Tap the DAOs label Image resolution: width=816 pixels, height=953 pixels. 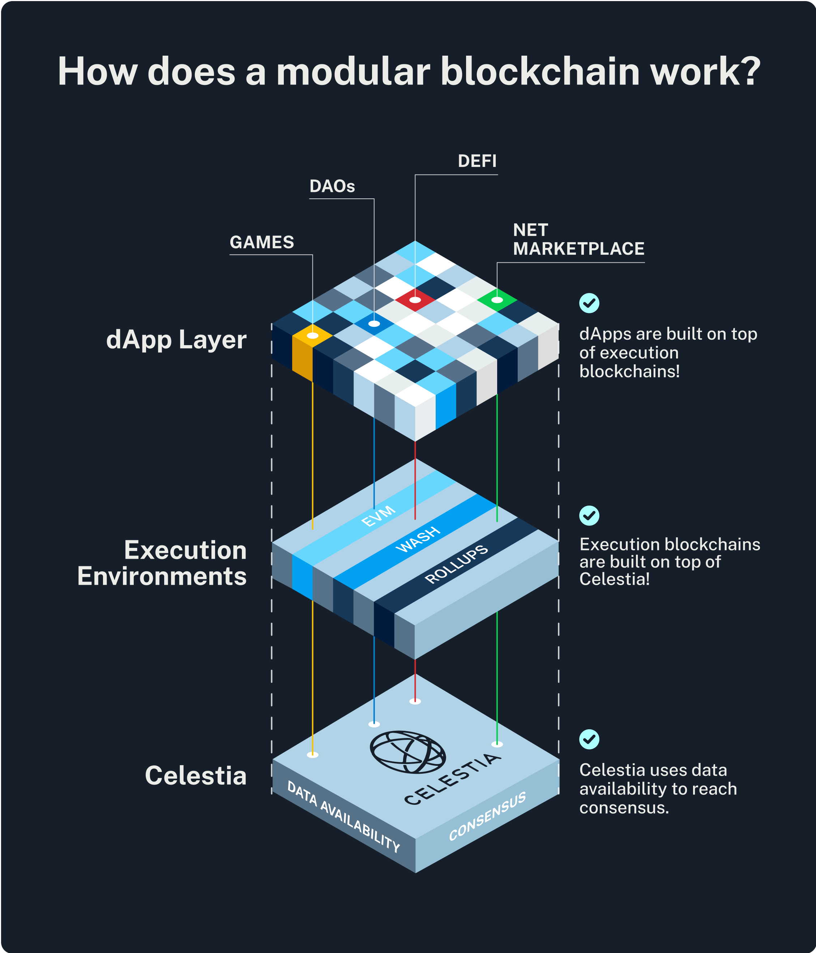pyautogui.click(x=332, y=186)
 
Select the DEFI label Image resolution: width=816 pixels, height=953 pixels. pyautogui.click(x=477, y=161)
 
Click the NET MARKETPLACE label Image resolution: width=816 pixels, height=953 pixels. pyautogui.click(x=578, y=239)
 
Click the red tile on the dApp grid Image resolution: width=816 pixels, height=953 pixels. pyautogui.click(x=415, y=300)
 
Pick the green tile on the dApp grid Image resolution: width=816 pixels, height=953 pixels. pyautogui.click(x=497, y=300)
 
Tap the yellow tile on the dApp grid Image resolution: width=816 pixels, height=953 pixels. pyautogui.click(x=312, y=336)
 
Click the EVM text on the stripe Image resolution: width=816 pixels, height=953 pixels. pyautogui.click(x=378, y=516)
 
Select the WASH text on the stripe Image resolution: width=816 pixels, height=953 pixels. pyautogui.click(x=418, y=539)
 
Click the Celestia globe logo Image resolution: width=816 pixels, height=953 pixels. pyautogui.click(x=408, y=752)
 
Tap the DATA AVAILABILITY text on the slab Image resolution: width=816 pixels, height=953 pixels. pyautogui.click(x=343, y=816)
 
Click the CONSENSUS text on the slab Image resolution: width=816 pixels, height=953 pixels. pyautogui.click(x=487, y=816)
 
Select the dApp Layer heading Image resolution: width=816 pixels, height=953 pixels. pyautogui.click(x=176, y=340)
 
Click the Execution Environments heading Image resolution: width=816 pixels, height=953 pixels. pyautogui.click(x=162, y=563)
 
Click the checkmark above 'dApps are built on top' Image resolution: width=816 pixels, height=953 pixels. pyautogui.click(x=589, y=303)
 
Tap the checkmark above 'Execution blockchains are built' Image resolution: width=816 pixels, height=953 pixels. pyautogui.click(x=589, y=516)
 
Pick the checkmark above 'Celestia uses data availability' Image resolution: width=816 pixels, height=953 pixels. pyautogui.click(x=589, y=739)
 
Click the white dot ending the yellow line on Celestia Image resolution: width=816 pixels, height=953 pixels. pyautogui.click(x=312, y=755)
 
